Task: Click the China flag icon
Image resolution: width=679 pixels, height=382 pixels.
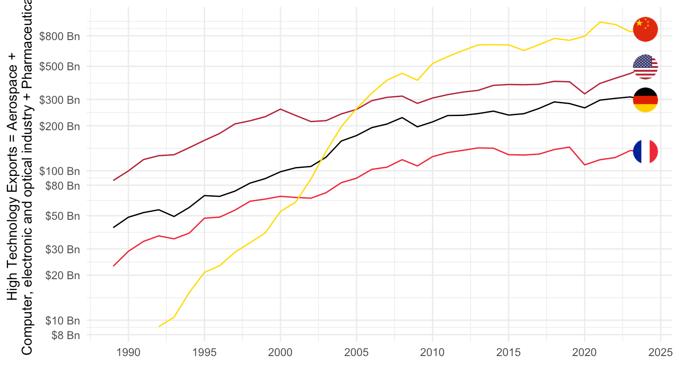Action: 645,29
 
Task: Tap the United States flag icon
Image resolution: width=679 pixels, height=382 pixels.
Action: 645,66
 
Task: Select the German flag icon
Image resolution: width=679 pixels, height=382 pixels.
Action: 645,100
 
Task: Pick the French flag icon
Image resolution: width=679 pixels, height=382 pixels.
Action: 645,151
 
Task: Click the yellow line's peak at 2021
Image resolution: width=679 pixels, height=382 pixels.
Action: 599,22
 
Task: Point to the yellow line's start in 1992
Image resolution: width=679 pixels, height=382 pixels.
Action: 159,326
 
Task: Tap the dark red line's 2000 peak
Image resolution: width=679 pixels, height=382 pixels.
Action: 281,109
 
